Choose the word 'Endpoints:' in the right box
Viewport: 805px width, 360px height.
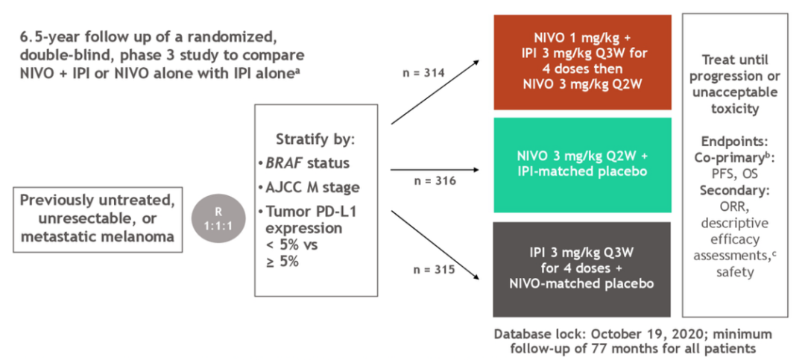(734, 142)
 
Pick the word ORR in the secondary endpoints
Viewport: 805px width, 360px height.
(734, 207)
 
